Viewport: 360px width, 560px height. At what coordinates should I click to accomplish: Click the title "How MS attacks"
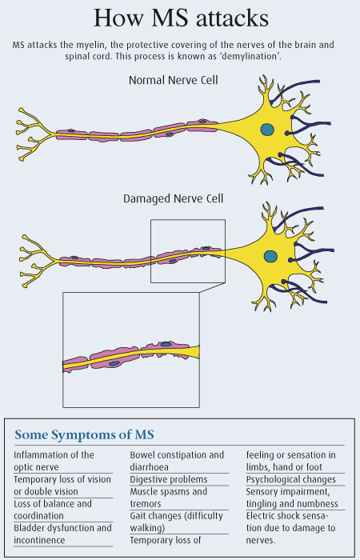(181, 18)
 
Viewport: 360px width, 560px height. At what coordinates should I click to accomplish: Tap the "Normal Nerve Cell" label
(174, 80)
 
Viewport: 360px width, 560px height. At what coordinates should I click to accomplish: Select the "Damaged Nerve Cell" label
(174, 198)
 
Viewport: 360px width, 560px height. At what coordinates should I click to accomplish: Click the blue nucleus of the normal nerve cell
(267, 130)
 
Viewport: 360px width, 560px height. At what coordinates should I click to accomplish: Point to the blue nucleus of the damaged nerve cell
(270, 256)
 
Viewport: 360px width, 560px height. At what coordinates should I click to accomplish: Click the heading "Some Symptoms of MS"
(84, 434)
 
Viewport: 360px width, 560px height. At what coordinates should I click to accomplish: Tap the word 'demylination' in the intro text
(250, 57)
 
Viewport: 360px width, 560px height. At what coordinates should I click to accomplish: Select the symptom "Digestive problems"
(169, 479)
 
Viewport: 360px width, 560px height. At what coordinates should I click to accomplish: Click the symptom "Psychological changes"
(290, 479)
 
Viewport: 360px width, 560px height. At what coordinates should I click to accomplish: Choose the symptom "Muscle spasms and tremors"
(168, 498)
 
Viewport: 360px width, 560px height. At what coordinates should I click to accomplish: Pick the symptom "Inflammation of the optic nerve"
(54, 461)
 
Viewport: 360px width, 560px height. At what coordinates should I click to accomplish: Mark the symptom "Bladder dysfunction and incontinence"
(63, 534)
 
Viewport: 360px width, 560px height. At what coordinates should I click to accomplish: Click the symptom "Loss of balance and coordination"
(53, 510)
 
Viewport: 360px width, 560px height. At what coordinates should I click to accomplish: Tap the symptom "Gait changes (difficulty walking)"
(177, 522)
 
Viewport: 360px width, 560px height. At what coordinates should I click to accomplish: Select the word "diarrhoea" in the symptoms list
(150, 467)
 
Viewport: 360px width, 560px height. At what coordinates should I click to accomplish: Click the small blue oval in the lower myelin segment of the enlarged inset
(114, 363)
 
